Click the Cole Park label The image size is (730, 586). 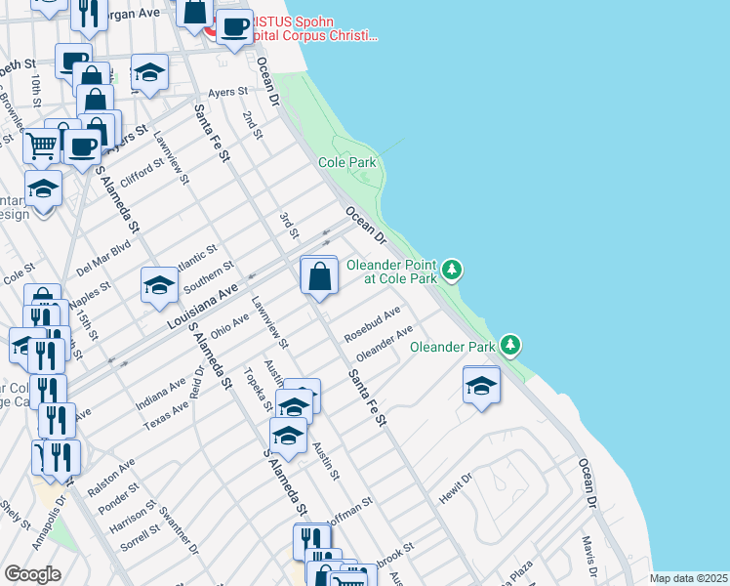pos(346,162)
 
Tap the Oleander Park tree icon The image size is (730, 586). pos(509,345)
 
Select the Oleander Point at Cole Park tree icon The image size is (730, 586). pos(451,269)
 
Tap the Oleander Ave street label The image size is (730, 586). pos(384,343)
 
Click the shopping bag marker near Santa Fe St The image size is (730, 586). pos(319,276)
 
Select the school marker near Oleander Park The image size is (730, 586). pos(482,387)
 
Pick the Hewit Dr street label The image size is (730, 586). pos(455,489)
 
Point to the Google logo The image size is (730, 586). pos(32,574)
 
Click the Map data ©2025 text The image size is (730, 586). pos(688,578)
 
